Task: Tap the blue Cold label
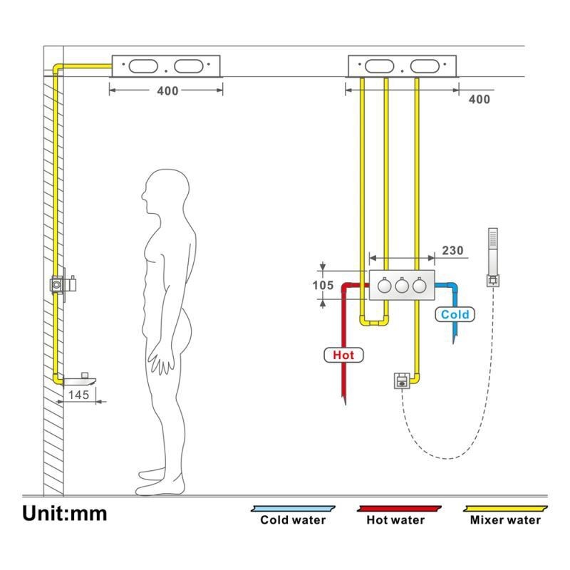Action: pos(455,314)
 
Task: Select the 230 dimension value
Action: pos(452,250)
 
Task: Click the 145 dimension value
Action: pos(78,394)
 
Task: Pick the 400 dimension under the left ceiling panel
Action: pos(169,90)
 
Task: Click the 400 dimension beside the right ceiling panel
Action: pos(479,99)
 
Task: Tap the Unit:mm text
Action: pos(64,513)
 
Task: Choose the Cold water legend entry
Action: pos(292,519)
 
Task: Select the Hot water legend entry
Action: pos(395,519)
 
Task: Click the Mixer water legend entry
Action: pos(505,519)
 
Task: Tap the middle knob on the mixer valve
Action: pos(401,285)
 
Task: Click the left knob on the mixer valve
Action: pos(384,285)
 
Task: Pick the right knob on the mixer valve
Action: pos(419,285)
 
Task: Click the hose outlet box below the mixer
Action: pos(402,381)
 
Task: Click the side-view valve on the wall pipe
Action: pos(63,284)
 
